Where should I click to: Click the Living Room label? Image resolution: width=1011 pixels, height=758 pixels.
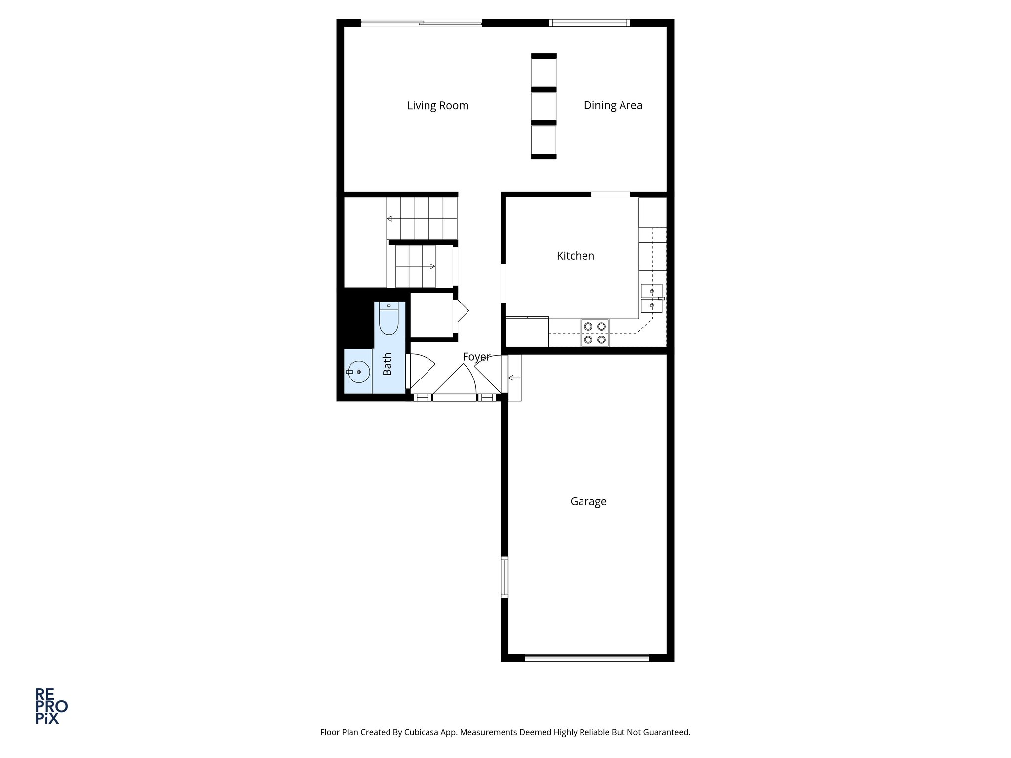coord(437,106)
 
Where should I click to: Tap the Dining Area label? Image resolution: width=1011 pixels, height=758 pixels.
coord(613,105)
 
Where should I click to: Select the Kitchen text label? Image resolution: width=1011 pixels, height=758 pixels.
coord(575,256)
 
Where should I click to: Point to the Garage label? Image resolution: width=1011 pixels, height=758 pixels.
coord(588,501)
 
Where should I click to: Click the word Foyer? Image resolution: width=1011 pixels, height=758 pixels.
coord(476,356)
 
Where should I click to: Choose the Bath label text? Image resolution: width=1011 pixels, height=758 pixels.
coord(387,364)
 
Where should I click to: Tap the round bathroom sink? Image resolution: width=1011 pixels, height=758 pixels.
coord(357,372)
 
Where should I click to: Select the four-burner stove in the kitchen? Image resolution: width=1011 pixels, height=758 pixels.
coord(595,333)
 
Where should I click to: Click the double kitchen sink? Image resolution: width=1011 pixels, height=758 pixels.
coord(652,299)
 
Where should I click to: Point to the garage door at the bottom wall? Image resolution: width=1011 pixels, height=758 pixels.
coord(586,657)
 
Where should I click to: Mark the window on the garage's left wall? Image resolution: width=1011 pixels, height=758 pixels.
coord(504,577)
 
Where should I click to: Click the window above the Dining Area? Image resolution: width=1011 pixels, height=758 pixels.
coord(589,23)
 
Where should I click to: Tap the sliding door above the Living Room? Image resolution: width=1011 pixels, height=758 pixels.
coord(421,23)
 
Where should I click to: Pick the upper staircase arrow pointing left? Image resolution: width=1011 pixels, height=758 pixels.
coord(390,218)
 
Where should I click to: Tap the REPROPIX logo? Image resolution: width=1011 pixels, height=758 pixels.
coord(50,706)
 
